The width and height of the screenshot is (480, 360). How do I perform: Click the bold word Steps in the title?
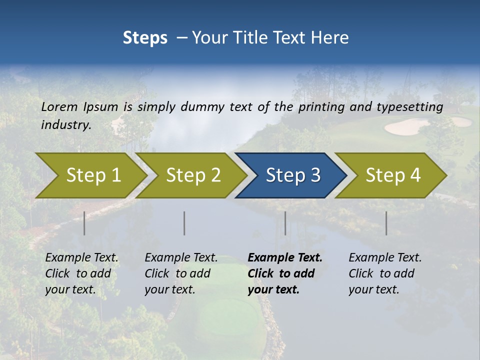click(145, 38)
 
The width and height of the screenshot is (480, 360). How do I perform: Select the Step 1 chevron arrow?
click(90, 175)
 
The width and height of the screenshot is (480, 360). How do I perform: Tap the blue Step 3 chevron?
click(291, 175)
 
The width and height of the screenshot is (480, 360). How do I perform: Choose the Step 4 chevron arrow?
click(391, 175)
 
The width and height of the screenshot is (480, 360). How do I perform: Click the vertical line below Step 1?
click(84, 223)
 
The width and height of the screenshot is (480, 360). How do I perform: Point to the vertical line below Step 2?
click(184, 223)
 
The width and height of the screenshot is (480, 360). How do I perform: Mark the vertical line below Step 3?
click(285, 223)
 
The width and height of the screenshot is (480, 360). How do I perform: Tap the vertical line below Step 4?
click(386, 223)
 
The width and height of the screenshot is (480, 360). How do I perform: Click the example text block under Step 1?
click(81, 273)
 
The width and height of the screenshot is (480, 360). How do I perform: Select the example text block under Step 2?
click(181, 273)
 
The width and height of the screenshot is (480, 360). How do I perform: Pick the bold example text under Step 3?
click(284, 273)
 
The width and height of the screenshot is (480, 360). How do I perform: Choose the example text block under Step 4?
click(385, 273)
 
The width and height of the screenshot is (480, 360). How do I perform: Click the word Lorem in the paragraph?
click(59, 106)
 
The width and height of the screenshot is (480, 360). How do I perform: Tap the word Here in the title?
click(329, 38)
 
